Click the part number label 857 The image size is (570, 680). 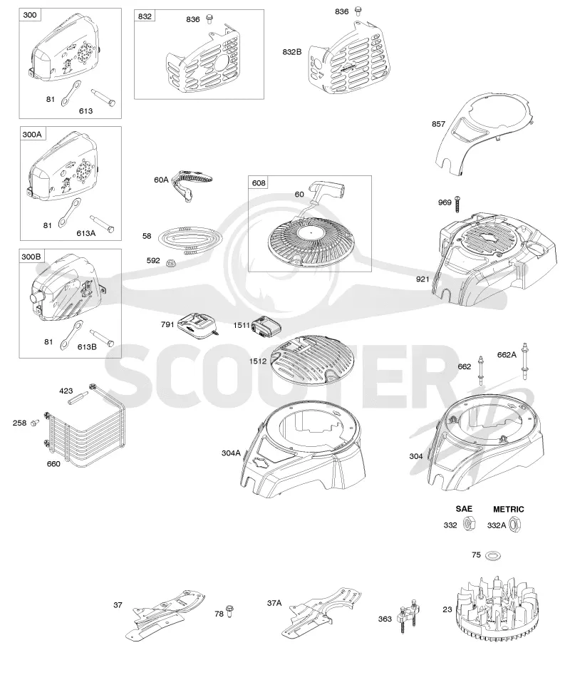point(438,124)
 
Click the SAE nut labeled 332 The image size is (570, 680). point(467,525)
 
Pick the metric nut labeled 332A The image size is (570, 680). point(515,525)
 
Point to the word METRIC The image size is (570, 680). point(509,509)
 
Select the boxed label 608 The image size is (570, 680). point(259,182)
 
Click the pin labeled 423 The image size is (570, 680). point(78,398)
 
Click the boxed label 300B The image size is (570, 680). point(31,257)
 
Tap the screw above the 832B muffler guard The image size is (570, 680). point(358,11)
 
